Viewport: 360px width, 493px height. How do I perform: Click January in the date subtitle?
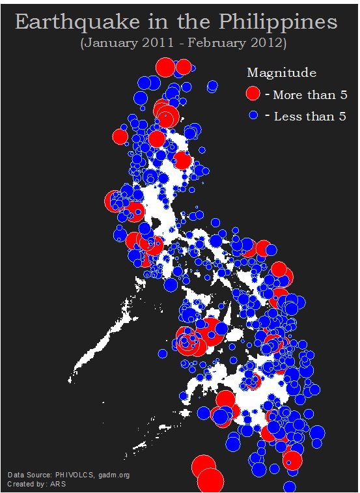[x=109, y=44]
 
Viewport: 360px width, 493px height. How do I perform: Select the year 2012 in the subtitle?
[x=264, y=44]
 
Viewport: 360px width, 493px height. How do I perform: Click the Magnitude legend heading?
[x=281, y=72]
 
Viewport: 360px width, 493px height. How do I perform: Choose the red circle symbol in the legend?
[x=253, y=94]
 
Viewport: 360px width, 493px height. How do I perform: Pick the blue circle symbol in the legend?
[x=254, y=115]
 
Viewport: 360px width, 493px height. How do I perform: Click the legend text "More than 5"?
[x=310, y=95]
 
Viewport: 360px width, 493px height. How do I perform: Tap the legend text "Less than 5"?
[x=310, y=117]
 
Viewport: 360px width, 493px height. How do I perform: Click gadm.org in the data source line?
[x=114, y=475]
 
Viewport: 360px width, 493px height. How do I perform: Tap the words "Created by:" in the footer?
[x=27, y=484]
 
